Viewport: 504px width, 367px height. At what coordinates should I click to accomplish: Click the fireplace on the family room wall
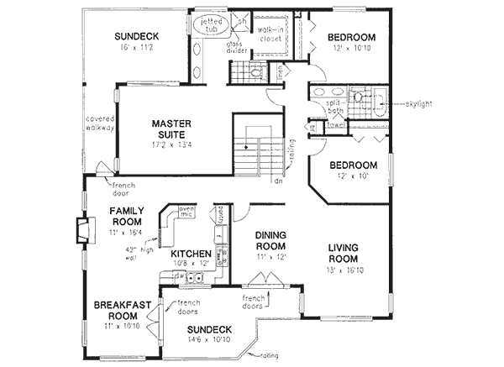82,229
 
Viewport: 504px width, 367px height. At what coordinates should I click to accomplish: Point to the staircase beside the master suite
255,148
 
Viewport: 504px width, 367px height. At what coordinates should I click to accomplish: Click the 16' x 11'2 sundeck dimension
138,48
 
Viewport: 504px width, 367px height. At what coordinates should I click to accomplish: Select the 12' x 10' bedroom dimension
351,177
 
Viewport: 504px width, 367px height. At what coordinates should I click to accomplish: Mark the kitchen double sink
195,279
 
